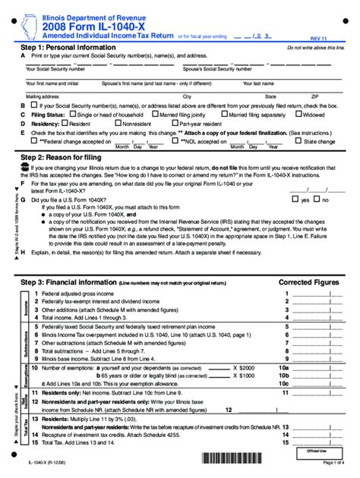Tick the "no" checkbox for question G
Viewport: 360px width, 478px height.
click(x=317, y=200)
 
